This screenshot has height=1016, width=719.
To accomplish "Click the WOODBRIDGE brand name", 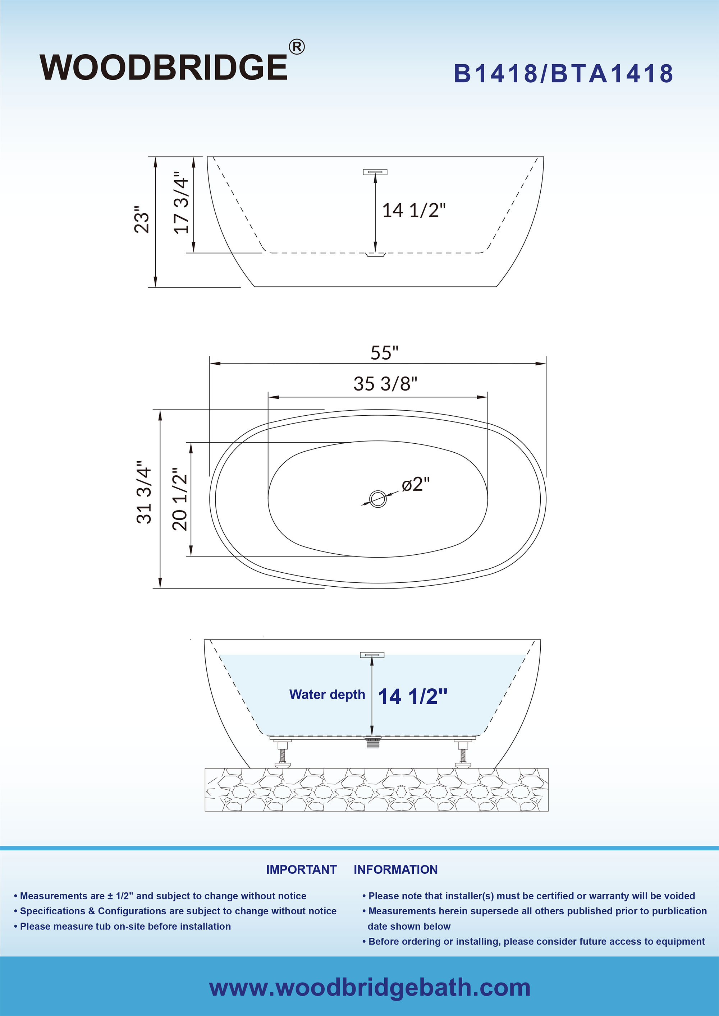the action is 164,67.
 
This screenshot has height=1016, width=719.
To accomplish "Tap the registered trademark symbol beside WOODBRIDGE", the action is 297,47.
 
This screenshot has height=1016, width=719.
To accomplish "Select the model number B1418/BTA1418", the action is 563,73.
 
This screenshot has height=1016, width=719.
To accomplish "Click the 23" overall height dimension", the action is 142,220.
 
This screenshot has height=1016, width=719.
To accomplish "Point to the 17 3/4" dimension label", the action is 182,203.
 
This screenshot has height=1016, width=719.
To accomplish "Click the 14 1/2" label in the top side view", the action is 413,210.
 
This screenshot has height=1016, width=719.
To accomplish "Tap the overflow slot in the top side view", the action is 375,172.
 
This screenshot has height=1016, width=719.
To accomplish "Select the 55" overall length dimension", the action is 384,353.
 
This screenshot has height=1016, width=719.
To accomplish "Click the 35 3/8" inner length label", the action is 385,384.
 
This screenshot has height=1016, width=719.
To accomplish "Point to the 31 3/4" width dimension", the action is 144,493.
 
